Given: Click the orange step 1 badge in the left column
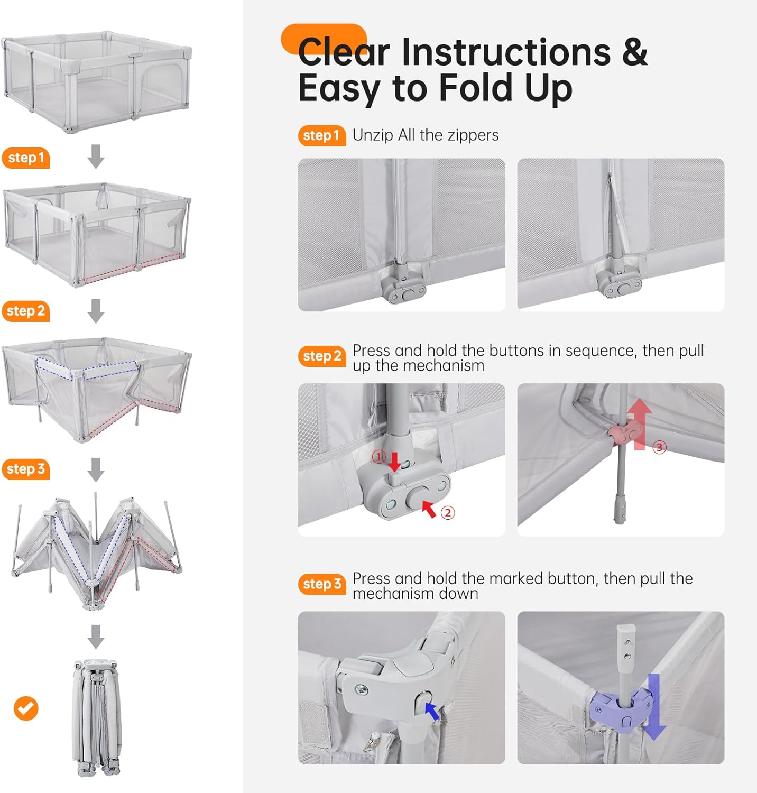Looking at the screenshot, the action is (25, 158).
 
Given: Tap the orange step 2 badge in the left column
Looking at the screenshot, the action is (25, 311).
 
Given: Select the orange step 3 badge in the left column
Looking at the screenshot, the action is (25, 469).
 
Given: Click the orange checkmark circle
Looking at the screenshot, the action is (26, 708).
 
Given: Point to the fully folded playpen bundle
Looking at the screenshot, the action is (96, 717).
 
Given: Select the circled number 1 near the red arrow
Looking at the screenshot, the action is (379, 456).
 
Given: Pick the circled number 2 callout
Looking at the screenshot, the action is (448, 512).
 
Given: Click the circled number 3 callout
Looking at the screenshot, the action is (659, 447).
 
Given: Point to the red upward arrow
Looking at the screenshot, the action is (640, 424).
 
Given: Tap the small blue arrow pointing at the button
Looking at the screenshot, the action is (432, 711).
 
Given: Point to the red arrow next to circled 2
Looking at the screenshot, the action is (429, 509).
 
